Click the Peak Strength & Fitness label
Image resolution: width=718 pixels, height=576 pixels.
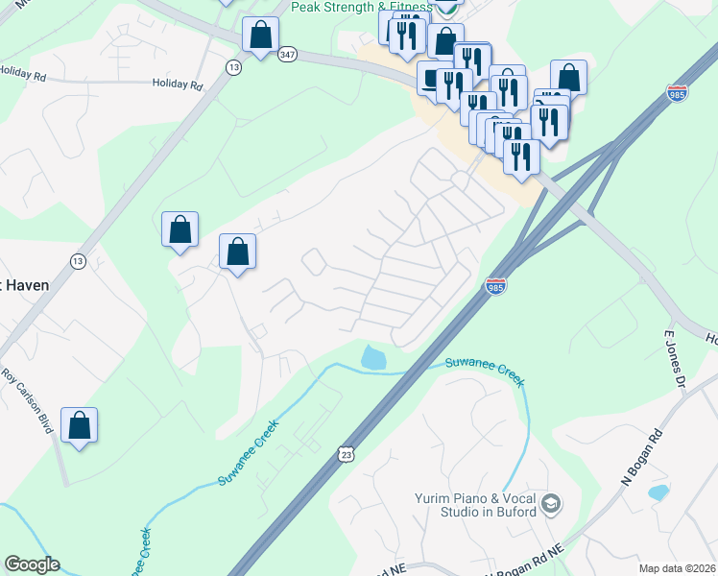[361, 8]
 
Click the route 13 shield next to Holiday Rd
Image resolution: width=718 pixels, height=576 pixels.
[233, 66]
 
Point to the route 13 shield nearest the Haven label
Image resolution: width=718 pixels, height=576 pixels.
[78, 261]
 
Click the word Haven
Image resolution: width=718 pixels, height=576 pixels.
[26, 285]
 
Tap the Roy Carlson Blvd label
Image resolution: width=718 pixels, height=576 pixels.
[27, 400]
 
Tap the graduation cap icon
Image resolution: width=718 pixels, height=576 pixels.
[551, 503]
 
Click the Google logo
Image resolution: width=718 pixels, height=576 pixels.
[32, 564]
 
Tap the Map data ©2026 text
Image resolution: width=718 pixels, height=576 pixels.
[678, 568]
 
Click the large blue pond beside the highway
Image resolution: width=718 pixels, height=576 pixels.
[373, 358]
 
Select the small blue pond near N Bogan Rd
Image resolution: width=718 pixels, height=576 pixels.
[658, 492]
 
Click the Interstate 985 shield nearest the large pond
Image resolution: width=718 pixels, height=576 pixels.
[495, 285]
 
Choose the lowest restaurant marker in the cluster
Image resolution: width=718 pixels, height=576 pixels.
[521, 156]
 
